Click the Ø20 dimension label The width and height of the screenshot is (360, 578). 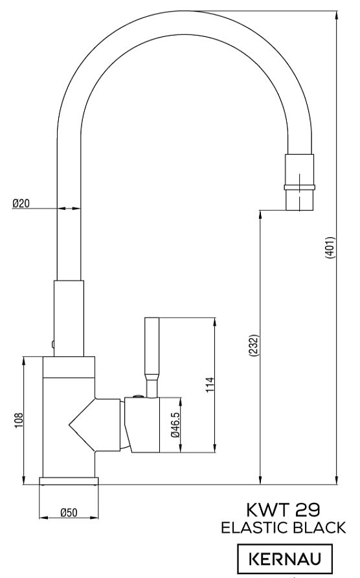pyautogui.click(x=21, y=203)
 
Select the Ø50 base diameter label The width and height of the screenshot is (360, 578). pyautogui.click(x=69, y=513)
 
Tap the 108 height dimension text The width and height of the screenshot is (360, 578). pyautogui.click(x=19, y=421)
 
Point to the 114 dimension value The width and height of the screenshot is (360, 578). pyautogui.click(x=210, y=385)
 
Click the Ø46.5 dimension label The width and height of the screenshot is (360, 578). pyautogui.click(x=175, y=424)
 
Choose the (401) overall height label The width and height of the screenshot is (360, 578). pyautogui.click(x=330, y=248)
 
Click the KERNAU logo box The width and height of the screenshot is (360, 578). pyautogui.click(x=284, y=559)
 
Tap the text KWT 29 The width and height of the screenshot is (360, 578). pyautogui.click(x=283, y=510)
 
